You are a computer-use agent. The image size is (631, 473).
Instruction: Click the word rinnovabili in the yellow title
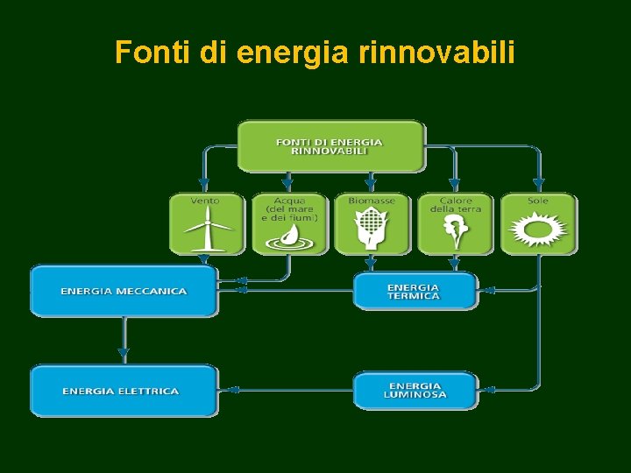click(436, 53)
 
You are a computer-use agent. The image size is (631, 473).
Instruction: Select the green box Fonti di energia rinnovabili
click(330, 145)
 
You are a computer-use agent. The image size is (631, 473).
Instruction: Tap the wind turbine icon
click(206, 232)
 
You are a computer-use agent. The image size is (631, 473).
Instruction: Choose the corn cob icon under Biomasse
click(372, 229)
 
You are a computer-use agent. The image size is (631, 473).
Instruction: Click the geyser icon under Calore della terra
click(455, 232)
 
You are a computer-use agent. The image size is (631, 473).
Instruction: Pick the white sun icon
click(538, 230)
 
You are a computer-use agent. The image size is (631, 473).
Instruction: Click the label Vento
click(205, 201)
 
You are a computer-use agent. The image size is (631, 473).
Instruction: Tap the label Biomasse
click(372, 201)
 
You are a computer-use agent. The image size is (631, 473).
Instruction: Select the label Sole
click(538, 201)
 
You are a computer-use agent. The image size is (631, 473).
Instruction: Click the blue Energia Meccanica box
click(124, 291)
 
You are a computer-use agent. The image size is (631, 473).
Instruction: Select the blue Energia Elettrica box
click(124, 391)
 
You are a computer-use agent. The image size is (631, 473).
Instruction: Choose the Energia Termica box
click(415, 291)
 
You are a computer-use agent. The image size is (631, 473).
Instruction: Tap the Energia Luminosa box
click(415, 391)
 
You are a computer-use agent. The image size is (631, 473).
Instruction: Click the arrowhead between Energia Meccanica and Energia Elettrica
click(124, 354)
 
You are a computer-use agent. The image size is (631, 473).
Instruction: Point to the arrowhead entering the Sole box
click(538, 185)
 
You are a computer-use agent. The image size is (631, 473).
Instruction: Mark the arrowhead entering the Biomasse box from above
click(372, 185)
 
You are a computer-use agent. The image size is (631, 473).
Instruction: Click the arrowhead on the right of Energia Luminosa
click(488, 390)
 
